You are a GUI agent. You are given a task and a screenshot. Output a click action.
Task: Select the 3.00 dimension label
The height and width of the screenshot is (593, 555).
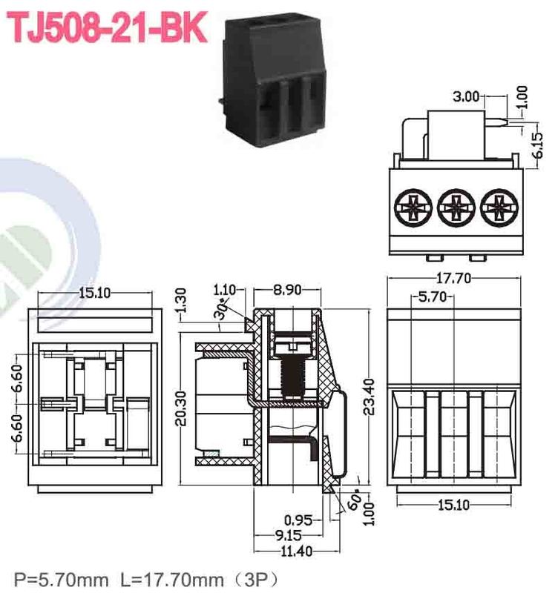coord(467,96)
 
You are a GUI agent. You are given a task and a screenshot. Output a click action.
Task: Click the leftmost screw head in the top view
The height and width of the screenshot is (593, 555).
coord(412,208)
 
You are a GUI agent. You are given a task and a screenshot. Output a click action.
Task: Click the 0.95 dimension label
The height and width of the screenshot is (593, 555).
coord(298,520)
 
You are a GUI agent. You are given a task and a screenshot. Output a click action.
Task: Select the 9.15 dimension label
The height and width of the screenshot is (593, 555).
coord(291,535)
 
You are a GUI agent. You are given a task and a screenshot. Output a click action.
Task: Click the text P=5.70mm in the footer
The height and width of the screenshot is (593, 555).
coord(53,577)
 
